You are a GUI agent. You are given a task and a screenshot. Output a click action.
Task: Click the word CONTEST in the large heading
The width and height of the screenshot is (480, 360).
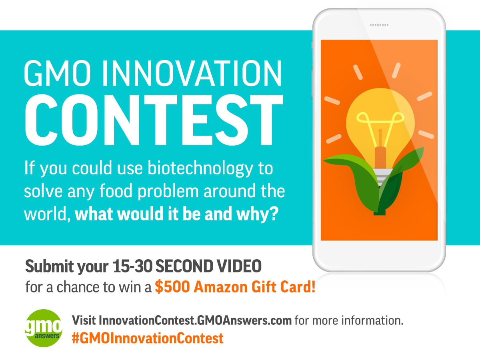pos(154,120)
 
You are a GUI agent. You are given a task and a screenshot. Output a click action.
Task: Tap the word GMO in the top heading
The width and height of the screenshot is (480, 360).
pos(58,73)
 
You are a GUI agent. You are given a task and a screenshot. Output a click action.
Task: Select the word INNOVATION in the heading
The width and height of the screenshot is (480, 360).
pos(192,73)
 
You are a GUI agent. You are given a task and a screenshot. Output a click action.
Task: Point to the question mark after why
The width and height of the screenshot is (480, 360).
pos(274,214)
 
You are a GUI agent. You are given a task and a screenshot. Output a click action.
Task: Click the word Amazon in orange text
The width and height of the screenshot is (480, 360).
pos(221,287)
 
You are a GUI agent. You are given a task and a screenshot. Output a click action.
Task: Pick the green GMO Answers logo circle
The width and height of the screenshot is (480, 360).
pos(44,328)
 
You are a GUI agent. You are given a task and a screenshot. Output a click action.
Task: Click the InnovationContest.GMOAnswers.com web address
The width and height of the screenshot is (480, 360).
pos(195,321)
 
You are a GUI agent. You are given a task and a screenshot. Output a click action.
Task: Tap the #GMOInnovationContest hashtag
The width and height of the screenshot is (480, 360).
pos(148,338)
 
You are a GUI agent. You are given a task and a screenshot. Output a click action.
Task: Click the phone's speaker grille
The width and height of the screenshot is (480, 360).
pos(379,25)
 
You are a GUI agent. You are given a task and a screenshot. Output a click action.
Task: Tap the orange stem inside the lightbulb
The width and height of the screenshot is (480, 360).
pos(380,157)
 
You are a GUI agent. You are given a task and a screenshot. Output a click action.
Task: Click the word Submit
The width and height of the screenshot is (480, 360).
pos(49,266)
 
